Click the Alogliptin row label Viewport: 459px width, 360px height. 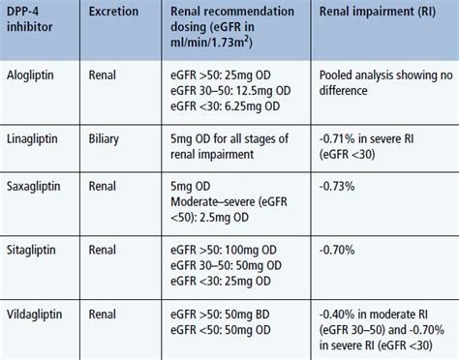(x=35, y=75)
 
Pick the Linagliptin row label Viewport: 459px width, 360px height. (x=35, y=136)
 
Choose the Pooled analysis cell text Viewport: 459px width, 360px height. (x=383, y=82)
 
